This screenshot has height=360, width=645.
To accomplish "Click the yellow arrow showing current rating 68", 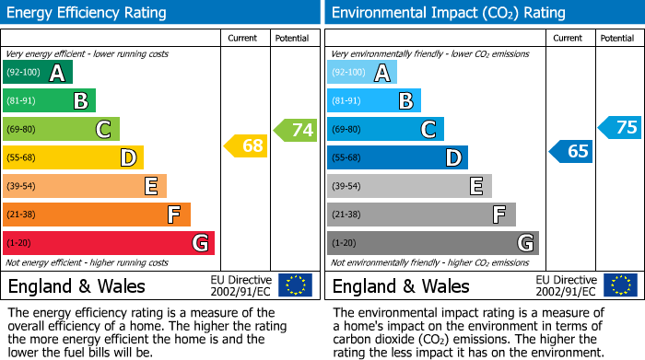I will [x=246, y=145].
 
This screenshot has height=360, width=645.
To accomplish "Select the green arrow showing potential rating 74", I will [x=296, y=130].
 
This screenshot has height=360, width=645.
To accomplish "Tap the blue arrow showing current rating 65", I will [x=570, y=151].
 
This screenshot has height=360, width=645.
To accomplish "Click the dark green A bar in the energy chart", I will [x=38, y=73].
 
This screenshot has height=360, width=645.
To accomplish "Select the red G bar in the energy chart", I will [x=109, y=243].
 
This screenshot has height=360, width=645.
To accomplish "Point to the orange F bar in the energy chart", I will [x=97, y=215].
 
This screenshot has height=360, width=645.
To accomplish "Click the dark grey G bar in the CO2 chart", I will [x=433, y=243].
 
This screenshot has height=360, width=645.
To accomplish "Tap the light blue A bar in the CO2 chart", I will [x=362, y=73].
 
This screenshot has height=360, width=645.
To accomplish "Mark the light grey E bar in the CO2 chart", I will [x=409, y=186].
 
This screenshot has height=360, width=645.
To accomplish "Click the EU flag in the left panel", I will [x=295, y=285].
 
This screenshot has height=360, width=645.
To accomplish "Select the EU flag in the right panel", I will [x=619, y=285].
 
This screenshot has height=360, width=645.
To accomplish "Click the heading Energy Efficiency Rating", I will [x=88, y=13].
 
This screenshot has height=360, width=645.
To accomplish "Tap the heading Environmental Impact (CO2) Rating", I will [x=447, y=13].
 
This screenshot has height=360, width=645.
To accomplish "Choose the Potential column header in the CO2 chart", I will [x=617, y=38].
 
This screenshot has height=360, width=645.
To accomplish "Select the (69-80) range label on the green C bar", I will [x=21, y=130].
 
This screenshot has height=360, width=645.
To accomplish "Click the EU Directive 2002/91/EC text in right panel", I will [x=566, y=285].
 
